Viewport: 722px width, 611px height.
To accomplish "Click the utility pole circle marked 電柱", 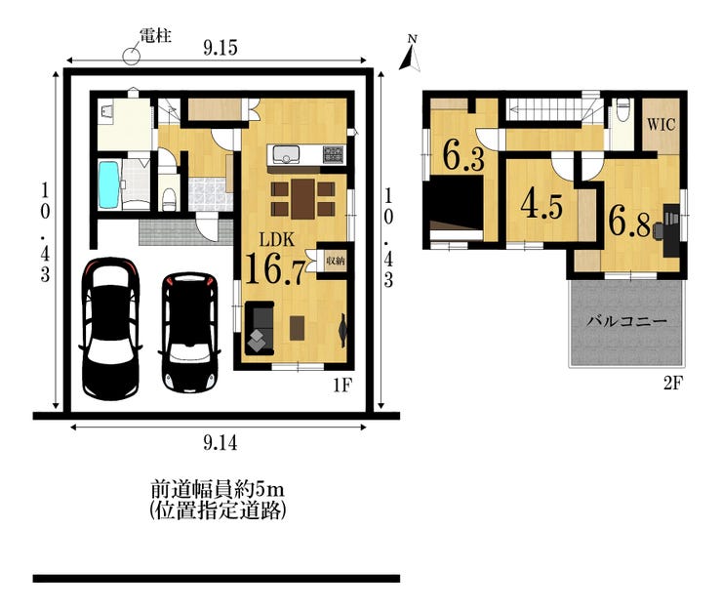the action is tap(131, 57).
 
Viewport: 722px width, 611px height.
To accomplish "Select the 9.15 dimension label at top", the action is tap(221, 48).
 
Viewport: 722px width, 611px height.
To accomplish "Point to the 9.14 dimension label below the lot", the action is tap(221, 444).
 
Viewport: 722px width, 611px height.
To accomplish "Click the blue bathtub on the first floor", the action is tap(109, 184).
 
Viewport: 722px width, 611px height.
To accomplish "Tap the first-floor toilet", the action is tap(170, 198).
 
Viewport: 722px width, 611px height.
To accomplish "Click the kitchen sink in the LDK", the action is tap(286, 154).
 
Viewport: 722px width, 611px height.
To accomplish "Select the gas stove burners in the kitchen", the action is tap(334, 154).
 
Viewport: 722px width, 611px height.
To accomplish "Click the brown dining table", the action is tap(303, 198).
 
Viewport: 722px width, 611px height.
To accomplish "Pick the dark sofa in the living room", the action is tap(260, 328).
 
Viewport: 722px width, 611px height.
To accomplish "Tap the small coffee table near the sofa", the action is tap(297, 328).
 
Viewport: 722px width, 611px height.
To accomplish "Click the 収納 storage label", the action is tap(336, 261).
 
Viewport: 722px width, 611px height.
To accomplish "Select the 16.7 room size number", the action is tap(275, 268).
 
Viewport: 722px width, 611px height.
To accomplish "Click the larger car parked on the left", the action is tap(110, 328).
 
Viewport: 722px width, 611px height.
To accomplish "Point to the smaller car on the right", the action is tap(189, 333).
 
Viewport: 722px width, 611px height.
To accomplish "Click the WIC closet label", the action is tap(662, 124).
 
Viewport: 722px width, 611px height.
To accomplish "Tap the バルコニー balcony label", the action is tap(626, 321).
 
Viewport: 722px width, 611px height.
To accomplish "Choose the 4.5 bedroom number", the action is tap(541, 206).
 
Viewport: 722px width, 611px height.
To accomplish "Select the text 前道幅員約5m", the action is tap(218, 489).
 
